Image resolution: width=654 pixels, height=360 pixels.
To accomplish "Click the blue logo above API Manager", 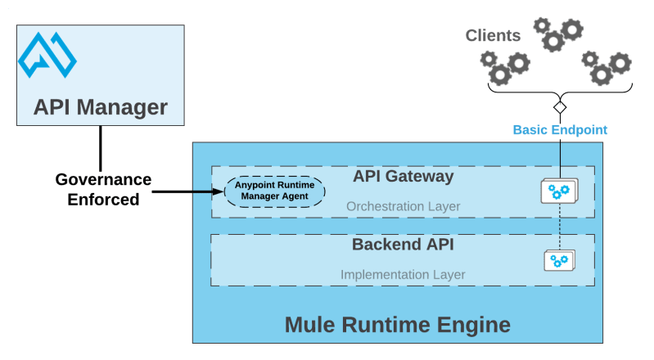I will [48, 55].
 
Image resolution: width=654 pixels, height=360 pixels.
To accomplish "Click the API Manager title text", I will [100, 107].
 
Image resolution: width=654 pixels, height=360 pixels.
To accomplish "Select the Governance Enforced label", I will [103, 189].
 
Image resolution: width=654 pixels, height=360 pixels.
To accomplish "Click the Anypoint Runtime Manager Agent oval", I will [274, 191].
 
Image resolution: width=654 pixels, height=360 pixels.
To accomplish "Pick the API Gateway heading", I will [403, 176].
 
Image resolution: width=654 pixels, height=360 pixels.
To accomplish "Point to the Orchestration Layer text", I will [403, 206].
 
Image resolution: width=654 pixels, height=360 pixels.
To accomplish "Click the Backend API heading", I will [403, 245].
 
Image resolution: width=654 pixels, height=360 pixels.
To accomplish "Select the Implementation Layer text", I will [403, 275].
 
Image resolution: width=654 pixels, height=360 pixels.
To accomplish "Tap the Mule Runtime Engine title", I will [397, 325].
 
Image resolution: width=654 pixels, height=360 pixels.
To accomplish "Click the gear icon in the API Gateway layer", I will [560, 192].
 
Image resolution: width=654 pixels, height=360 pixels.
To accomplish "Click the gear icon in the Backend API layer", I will [560, 261].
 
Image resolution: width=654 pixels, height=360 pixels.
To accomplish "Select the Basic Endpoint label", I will [560, 130].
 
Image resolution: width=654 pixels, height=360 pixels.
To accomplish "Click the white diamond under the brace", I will [560, 107].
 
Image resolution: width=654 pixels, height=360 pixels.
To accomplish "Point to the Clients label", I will [493, 35].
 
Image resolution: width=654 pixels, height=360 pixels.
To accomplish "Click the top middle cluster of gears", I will [557, 33].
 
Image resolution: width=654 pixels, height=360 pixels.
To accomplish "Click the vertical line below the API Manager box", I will [101, 147].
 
